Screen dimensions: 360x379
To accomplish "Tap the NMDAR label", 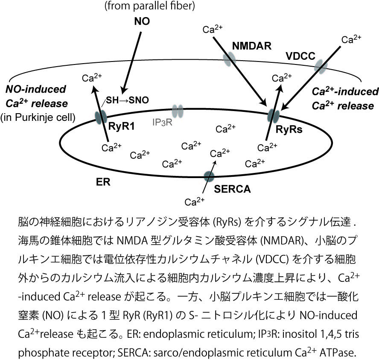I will [249, 44].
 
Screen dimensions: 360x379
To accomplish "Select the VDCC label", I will [300, 56].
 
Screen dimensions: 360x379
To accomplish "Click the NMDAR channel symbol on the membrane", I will [230, 59].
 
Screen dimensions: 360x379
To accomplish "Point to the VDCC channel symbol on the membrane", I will [321, 66].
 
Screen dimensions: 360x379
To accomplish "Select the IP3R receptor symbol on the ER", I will [178, 111].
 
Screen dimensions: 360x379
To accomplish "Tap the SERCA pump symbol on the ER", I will [209, 176].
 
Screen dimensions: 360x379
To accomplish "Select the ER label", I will [103, 181].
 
